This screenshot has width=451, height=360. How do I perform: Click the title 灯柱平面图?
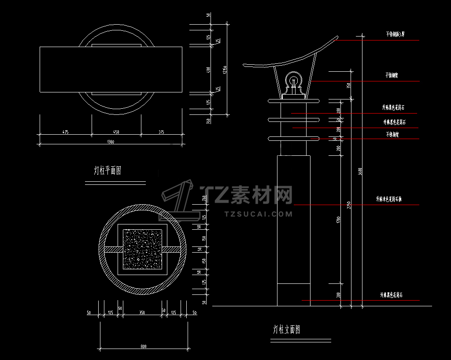107,171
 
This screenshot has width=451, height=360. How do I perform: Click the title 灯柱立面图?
287,329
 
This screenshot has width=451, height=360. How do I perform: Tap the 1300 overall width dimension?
110,142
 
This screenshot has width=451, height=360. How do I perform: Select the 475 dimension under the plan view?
65,132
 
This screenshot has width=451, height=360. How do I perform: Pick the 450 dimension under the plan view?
116,132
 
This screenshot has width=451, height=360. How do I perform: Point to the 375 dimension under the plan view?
161,132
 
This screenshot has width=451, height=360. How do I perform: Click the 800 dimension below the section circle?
144,346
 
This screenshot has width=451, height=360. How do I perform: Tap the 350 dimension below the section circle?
142,312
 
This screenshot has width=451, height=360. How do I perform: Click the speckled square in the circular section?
142,249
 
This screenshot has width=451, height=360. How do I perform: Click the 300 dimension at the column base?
338,294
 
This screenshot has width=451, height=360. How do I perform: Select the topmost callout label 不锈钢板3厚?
395,34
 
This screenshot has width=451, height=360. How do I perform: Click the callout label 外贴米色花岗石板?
388,199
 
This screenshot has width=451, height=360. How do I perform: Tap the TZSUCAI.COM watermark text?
258,214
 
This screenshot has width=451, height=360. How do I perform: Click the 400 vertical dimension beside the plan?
209,70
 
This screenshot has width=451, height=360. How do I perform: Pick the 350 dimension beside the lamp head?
348,85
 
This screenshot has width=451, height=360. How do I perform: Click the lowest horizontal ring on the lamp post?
293,139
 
